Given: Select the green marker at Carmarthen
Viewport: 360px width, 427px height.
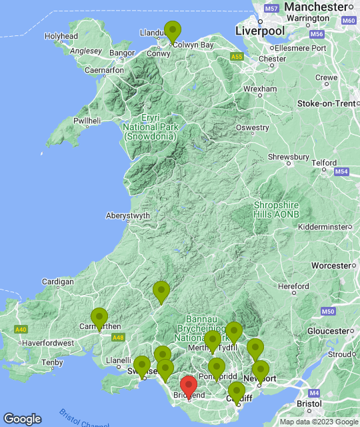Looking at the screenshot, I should (x=99, y=319).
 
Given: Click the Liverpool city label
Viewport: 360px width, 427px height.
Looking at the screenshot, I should (x=260, y=31).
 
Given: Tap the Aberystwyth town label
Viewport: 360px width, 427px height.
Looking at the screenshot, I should (x=128, y=216).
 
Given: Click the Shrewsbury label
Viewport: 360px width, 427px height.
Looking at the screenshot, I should (x=289, y=157).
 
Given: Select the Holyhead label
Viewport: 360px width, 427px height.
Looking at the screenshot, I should (x=61, y=36).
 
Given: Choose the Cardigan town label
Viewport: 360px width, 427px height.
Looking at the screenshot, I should (x=57, y=282).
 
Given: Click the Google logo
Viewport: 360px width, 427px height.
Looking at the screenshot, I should (x=22, y=418).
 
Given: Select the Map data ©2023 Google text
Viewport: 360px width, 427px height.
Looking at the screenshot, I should (x=318, y=422).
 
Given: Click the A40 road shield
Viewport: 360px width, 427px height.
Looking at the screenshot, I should (x=21, y=330).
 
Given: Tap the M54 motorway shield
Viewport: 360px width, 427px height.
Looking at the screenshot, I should (x=342, y=172).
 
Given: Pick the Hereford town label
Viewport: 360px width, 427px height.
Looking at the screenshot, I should (x=294, y=286).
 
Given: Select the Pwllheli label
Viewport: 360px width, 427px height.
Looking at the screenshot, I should (x=87, y=121).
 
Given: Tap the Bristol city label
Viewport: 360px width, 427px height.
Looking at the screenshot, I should (x=309, y=404).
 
